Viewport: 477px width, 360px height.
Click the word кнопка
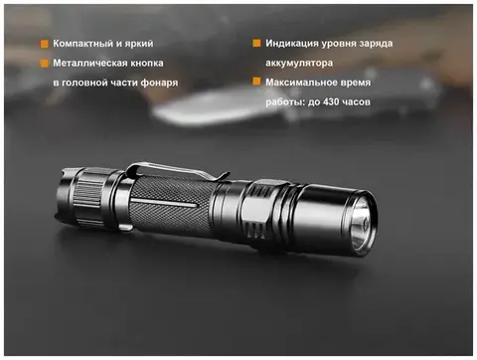tap(147, 63)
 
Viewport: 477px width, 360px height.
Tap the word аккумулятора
tap(299, 63)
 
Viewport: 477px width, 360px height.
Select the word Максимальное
tap(297, 83)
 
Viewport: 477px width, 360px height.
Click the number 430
tap(331, 101)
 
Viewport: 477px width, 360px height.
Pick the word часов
tap(357, 102)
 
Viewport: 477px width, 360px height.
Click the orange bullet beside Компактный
tap(45, 44)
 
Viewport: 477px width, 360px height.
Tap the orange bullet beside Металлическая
tap(45, 63)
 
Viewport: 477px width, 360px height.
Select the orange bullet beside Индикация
tap(256, 43)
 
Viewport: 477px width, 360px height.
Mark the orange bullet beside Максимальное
tap(256, 82)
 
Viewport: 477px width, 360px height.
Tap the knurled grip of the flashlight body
tap(169, 206)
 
